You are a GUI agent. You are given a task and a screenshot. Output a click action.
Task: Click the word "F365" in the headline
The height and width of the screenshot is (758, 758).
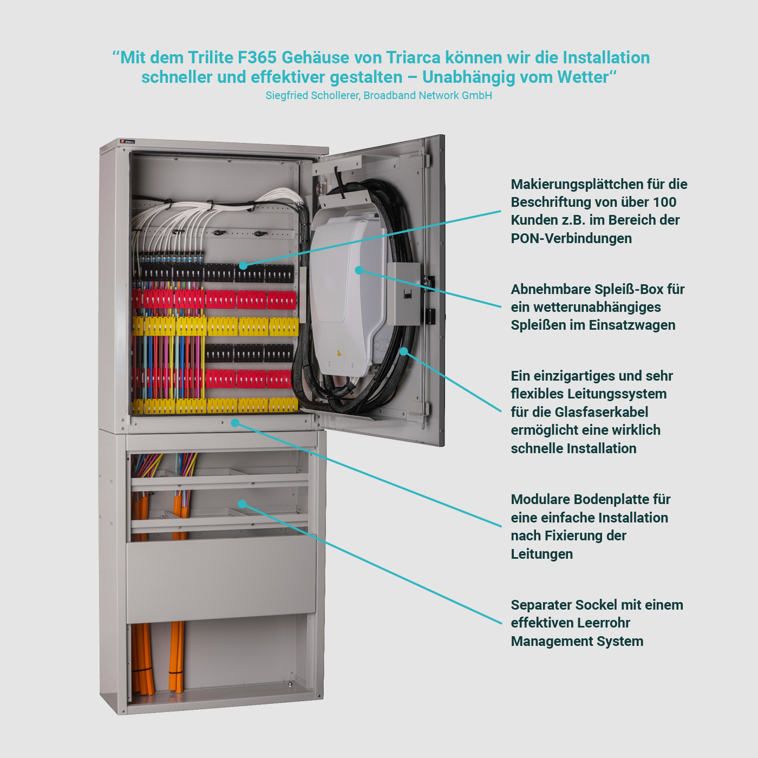tap(257, 58)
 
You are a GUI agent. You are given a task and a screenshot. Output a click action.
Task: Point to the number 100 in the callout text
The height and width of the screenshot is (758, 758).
tap(665, 202)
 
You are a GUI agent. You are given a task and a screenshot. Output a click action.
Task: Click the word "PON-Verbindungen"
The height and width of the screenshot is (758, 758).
tap(571, 238)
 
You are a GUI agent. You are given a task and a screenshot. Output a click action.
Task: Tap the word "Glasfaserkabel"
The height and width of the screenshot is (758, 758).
tap(602, 412)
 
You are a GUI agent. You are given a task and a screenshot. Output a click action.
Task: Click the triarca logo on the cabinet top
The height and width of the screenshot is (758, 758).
tap(127, 142)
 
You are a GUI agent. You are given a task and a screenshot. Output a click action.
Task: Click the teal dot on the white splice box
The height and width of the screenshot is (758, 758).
tap(359, 270)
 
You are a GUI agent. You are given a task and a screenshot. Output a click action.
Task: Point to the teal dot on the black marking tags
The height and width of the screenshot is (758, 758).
tap(243, 265)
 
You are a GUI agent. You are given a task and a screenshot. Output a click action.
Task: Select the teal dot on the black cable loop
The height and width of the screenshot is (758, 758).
tap(403, 351)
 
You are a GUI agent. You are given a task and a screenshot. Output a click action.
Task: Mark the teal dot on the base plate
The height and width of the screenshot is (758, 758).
tap(235, 423)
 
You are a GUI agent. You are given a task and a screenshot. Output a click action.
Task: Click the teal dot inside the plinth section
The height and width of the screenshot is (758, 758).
tap(243, 504)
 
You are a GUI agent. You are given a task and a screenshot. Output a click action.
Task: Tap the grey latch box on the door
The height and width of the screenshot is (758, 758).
tap(404, 294)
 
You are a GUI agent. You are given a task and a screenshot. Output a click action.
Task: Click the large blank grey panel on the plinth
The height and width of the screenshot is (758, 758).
tap(221, 578)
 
